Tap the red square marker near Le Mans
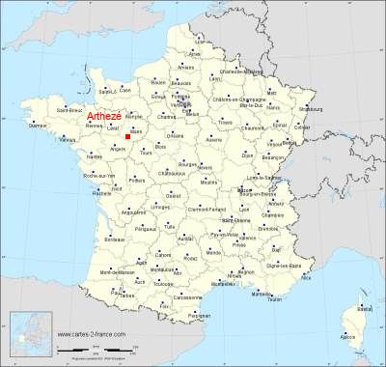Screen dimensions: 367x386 pos(127,137)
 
